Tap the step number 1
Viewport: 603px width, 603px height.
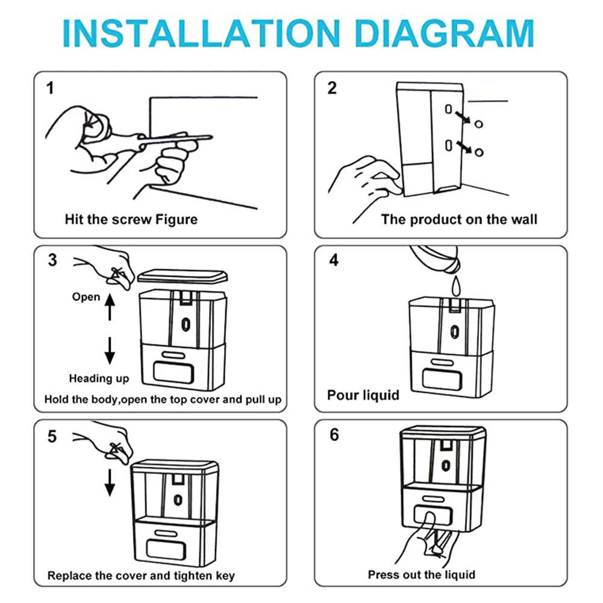pos(51,88)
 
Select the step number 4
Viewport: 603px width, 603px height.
pos(334,260)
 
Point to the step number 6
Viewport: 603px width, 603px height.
pos(334,435)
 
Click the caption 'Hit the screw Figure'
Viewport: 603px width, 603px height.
pos(131,219)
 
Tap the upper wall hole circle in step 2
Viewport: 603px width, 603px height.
pos(479,124)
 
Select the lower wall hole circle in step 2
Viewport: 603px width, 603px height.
pos(479,152)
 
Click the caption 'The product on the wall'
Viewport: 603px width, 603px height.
pos(459,219)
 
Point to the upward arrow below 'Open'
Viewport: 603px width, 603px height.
pos(110,307)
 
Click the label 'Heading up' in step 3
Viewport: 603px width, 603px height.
pos(99,378)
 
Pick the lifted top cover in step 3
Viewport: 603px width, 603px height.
pos(183,276)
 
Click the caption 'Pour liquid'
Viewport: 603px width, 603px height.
pos(363,395)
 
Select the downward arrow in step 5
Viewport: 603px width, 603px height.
pos(110,482)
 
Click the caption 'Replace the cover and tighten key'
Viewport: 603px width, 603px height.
pos(141,575)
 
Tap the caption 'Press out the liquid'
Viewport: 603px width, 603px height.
pos(422,574)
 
